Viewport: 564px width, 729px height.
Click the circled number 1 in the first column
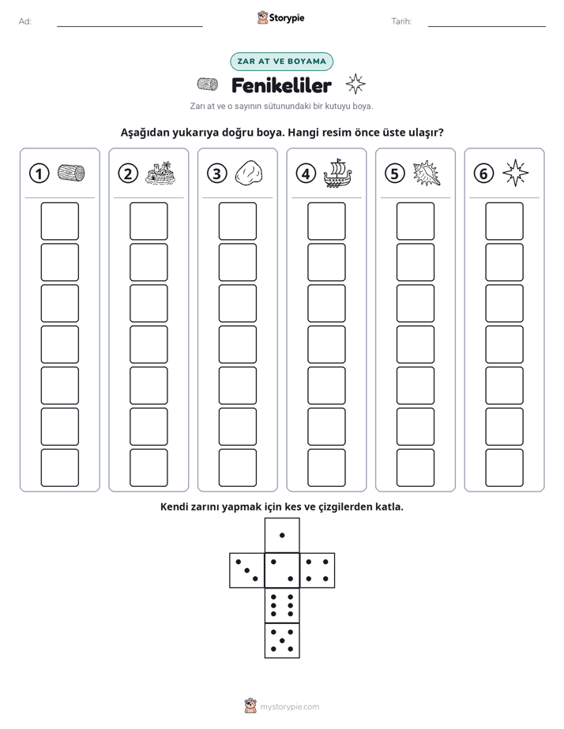[x=39, y=174]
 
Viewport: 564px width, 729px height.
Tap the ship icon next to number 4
[x=337, y=173]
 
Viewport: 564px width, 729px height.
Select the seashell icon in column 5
[x=427, y=174]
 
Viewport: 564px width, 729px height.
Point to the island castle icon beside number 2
[x=160, y=173]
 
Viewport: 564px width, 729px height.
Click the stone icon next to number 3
[x=249, y=174]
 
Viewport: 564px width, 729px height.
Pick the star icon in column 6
[x=516, y=173]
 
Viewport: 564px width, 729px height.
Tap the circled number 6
[x=483, y=174]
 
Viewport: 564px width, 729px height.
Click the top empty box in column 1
[x=59, y=221]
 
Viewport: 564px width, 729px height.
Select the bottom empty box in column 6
[x=504, y=468]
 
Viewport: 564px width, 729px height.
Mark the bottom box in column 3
[x=237, y=468]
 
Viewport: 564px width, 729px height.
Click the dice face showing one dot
[x=282, y=535]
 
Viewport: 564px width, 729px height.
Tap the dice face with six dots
[x=282, y=605]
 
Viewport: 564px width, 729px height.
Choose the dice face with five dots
[x=282, y=641]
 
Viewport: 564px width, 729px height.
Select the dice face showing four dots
[x=318, y=570]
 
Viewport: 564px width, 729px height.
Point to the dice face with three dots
[x=247, y=570]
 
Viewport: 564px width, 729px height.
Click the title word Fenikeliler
[x=281, y=85]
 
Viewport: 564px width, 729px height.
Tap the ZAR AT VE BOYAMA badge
[x=281, y=62]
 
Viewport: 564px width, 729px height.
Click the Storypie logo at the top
[x=280, y=18]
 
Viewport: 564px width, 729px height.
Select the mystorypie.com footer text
[x=289, y=707]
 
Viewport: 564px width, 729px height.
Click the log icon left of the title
[x=208, y=84]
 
